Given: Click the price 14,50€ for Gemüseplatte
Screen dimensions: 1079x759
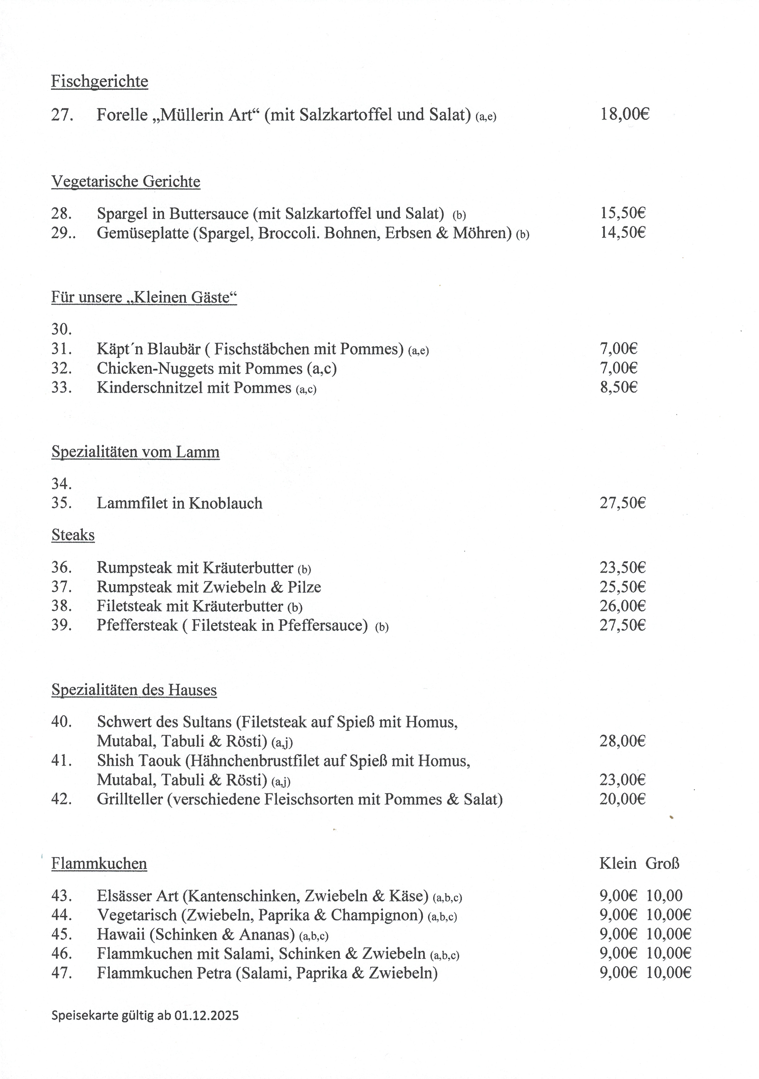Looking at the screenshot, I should pyautogui.click(x=622, y=233).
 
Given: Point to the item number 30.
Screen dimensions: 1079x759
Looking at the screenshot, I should pyautogui.click(x=62, y=329).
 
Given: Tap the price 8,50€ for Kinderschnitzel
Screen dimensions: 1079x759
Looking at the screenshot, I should pyautogui.click(x=618, y=388).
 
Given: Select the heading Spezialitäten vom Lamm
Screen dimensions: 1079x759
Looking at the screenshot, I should pyautogui.click(x=135, y=452).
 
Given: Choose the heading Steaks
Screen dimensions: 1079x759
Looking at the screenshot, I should pyautogui.click(x=73, y=535).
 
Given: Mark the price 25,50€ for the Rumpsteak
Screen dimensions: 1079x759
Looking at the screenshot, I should pyautogui.click(x=622, y=587).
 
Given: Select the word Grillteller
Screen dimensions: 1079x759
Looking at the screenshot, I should pyautogui.click(x=130, y=799).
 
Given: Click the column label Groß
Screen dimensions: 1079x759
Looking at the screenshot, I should pyautogui.click(x=662, y=863).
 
